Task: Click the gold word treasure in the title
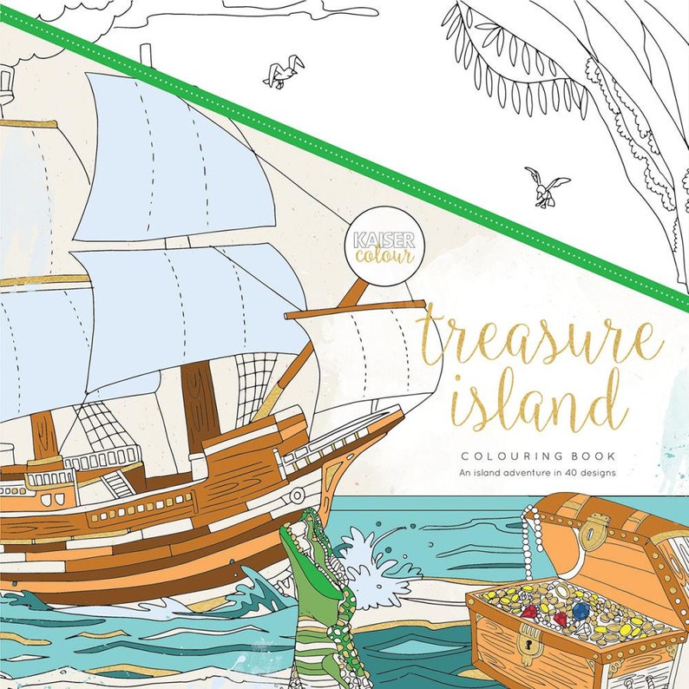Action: click(538, 338)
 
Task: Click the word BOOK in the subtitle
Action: click(602, 455)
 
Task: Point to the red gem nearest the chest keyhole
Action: click(528, 611)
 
